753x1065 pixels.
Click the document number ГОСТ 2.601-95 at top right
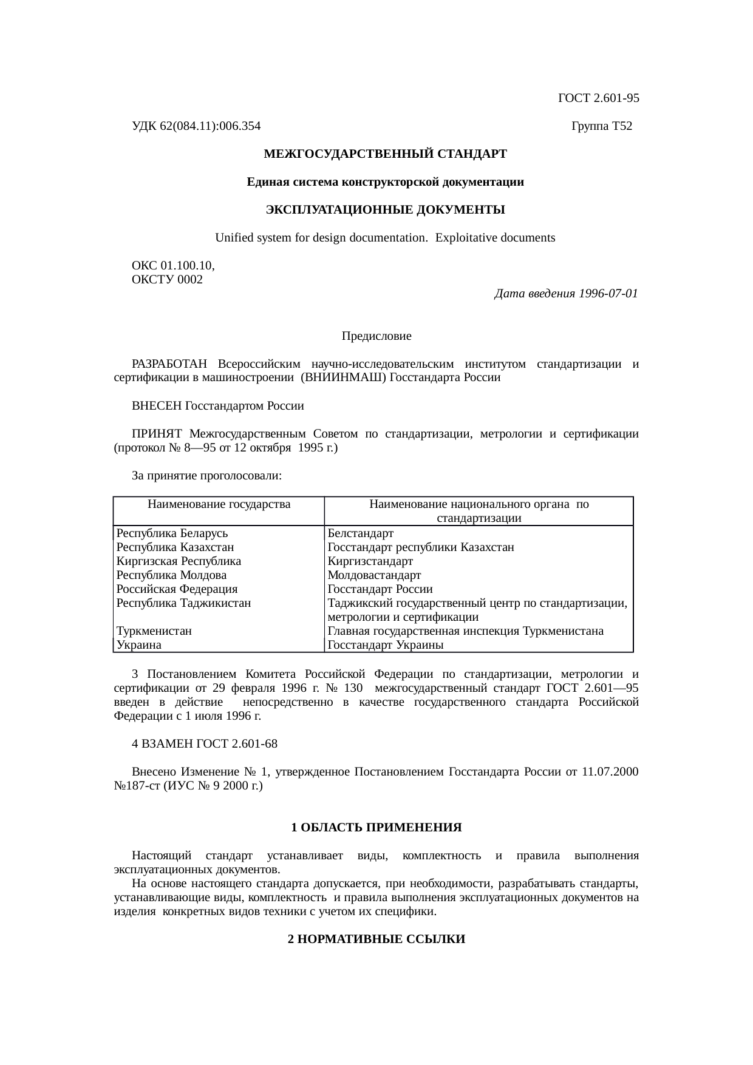pyautogui.click(x=598, y=98)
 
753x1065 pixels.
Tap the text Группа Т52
pyautogui.click(x=602, y=126)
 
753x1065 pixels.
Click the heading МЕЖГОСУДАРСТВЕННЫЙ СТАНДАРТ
pyautogui.click(x=385, y=154)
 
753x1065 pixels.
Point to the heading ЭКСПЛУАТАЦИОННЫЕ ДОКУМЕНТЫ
pyautogui.click(x=385, y=210)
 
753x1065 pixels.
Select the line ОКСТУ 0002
pyautogui.click(x=167, y=280)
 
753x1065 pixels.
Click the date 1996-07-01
pyautogui.click(x=608, y=294)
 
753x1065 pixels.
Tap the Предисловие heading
pyautogui.click(x=376, y=336)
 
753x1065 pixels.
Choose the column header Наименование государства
pyautogui.click(x=219, y=504)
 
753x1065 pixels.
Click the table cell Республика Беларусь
pyautogui.click(x=172, y=533)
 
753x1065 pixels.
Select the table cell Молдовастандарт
pyautogui.click(x=374, y=575)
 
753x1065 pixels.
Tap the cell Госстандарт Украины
pyautogui.click(x=385, y=645)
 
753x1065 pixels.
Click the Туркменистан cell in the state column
pyautogui.click(x=154, y=631)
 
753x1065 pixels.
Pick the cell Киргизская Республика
pyautogui.click(x=179, y=561)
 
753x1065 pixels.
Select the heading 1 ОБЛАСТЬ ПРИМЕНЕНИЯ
pyautogui.click(x=376, y=828)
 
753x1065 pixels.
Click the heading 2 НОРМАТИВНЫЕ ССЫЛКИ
pyautogui.click(x=376, y=939)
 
